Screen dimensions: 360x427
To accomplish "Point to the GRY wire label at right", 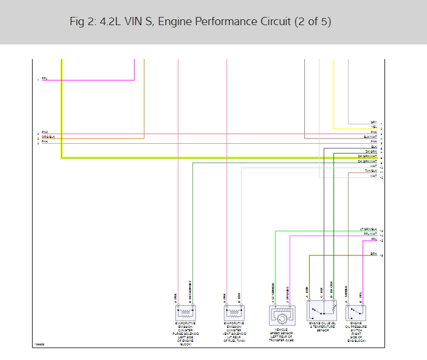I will point(374,122).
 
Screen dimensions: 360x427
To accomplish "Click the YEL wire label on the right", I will point(374,127).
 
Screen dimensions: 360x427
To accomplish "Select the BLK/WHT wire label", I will point(370,137).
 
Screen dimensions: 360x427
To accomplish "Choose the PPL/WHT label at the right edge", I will point(370,234).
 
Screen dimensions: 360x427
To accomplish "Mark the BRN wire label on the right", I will point(373,254).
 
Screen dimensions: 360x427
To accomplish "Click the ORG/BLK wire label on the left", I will point(48,137).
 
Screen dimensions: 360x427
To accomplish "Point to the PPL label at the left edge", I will point(44,79).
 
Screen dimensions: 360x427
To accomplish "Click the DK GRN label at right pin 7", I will point(372,151).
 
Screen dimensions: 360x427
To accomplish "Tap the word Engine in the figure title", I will point(175,22).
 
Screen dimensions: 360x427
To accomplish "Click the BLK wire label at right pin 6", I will point(374,147).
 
